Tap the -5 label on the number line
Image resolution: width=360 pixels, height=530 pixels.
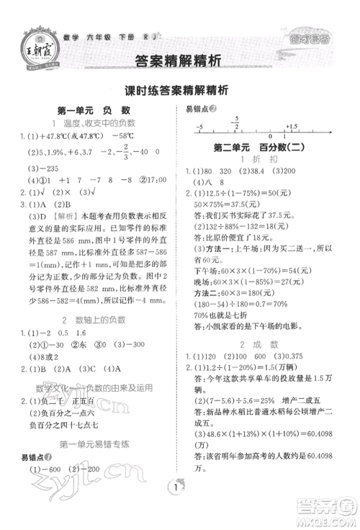pyautogui.click(x=199, y=126)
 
